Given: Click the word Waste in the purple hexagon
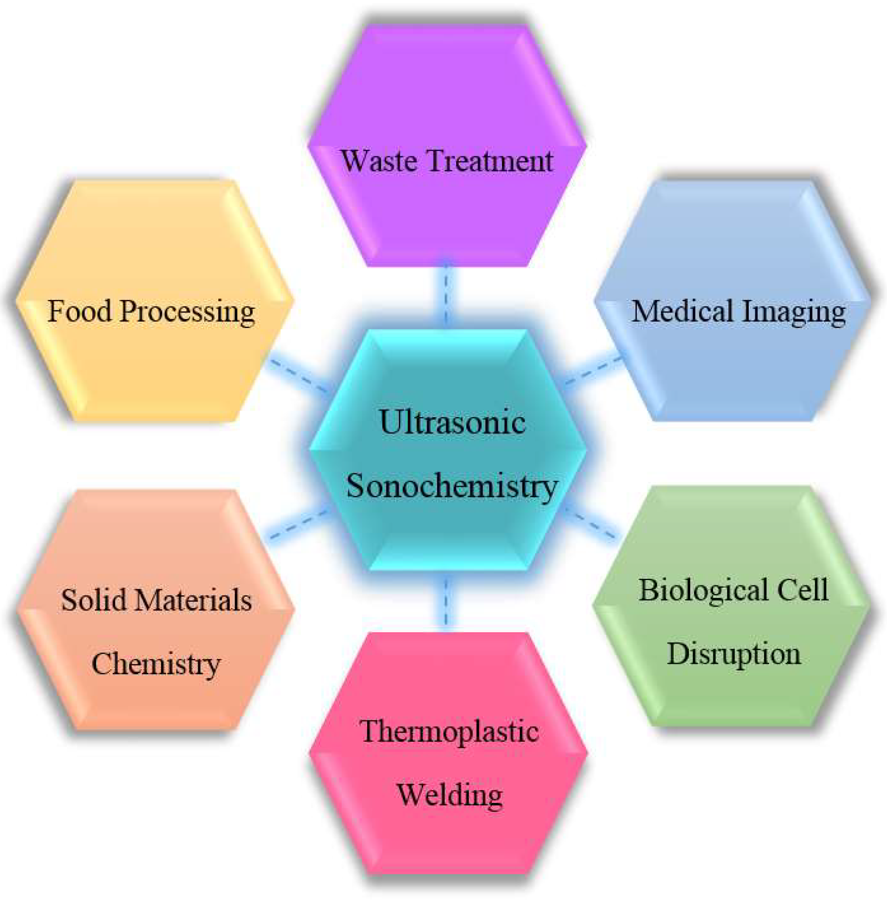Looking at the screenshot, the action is pyautogui.click(x=379, y=161).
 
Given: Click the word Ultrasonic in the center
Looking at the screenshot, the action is pyautogui.click(x=452, y=422).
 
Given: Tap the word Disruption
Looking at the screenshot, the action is pyautogui.click(x=734, y=654).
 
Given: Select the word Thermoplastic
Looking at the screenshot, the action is pyautogui.click(x=450, y=731).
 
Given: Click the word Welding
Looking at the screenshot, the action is pyautogui.click(x=450, y=795).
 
